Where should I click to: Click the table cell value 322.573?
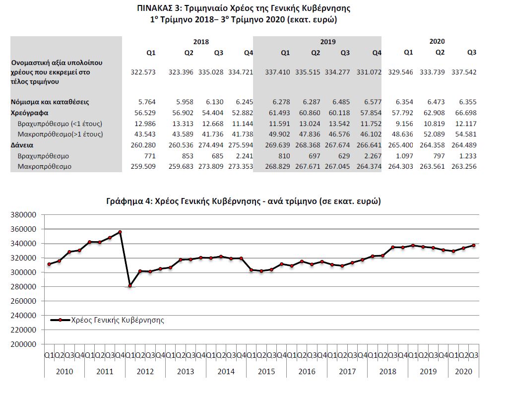143,72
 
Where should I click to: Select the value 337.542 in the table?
464,72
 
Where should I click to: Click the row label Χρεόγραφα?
30,113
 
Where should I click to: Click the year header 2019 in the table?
327,42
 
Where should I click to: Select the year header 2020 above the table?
437,42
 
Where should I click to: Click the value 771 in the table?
150,156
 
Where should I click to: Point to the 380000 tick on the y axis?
24,215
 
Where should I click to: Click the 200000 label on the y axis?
24,344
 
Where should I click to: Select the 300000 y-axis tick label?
24,272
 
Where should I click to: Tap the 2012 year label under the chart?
144,371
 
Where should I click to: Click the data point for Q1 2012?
130,286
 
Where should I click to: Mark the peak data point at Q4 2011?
120,232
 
